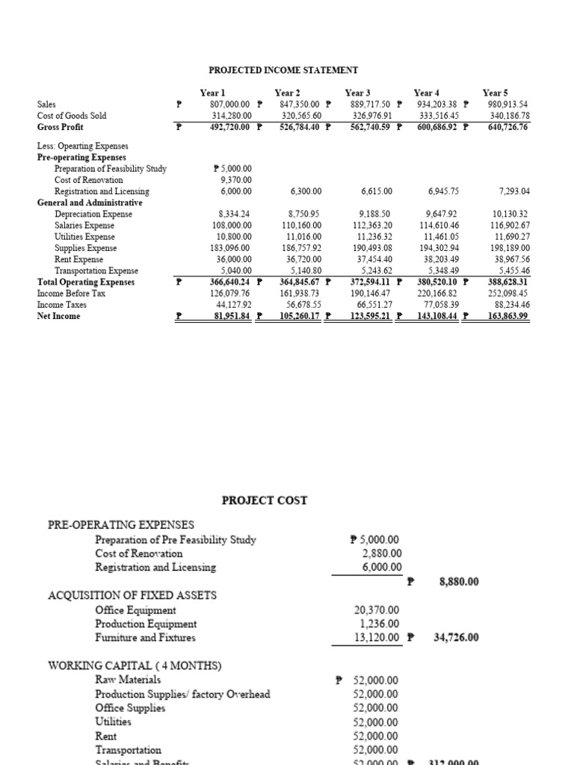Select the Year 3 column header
click(358, 93)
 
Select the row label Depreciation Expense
click(93, 214)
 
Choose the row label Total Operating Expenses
click(86, 282)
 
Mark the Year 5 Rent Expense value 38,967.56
click(506, 259)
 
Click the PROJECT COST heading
click(265, 501)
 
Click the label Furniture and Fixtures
click(145, 638)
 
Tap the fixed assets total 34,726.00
click(456, 638)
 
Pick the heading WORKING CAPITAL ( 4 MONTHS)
click(135, 666)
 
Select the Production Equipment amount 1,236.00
click(380, 624)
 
